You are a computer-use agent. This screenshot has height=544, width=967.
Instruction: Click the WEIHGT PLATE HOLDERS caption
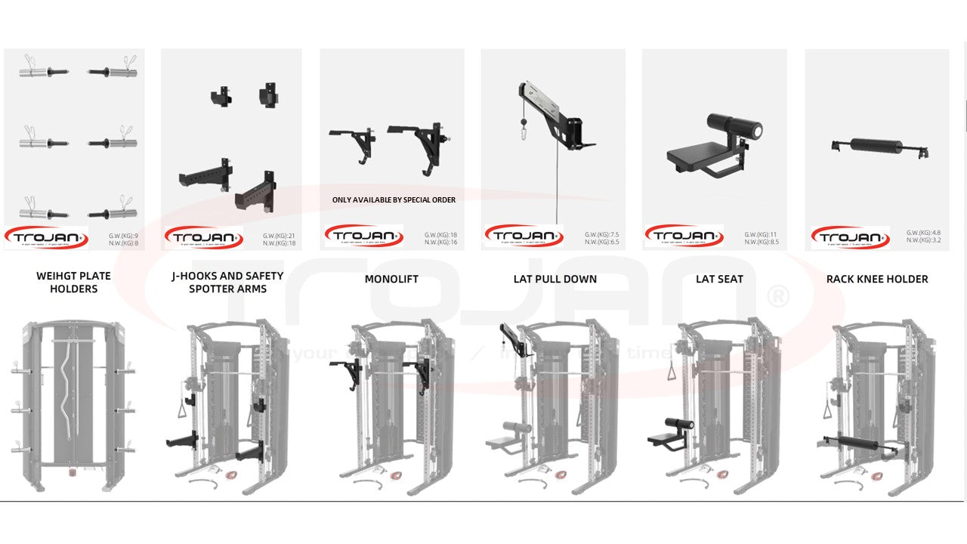point(73,283)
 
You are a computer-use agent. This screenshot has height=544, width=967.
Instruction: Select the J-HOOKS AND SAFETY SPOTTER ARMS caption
point(227,283)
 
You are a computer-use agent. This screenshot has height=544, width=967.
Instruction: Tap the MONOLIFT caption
point(391,280)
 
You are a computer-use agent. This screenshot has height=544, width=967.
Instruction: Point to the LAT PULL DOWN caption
point(555,280)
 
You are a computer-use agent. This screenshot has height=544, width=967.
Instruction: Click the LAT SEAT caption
point(719,280)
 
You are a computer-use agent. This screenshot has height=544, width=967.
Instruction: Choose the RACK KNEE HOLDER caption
point(877,280)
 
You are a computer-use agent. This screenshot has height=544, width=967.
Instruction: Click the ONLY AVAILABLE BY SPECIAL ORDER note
point(394,200)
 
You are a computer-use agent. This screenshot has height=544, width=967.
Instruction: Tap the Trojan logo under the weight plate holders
point(46,237)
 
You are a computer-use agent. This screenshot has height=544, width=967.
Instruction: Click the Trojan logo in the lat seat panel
point(684,236)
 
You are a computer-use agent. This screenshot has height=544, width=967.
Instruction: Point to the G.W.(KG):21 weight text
point(280,236)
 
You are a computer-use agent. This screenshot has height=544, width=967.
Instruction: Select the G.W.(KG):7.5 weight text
point(601,235)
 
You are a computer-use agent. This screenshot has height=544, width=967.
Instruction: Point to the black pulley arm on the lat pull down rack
point(514,339)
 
